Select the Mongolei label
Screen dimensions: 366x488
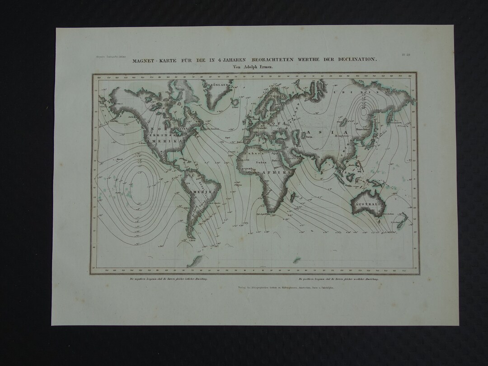(x=340, y=135)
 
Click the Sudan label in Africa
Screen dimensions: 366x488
(x=261, y=161)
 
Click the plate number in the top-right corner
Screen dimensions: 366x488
(x=406, y=55)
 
